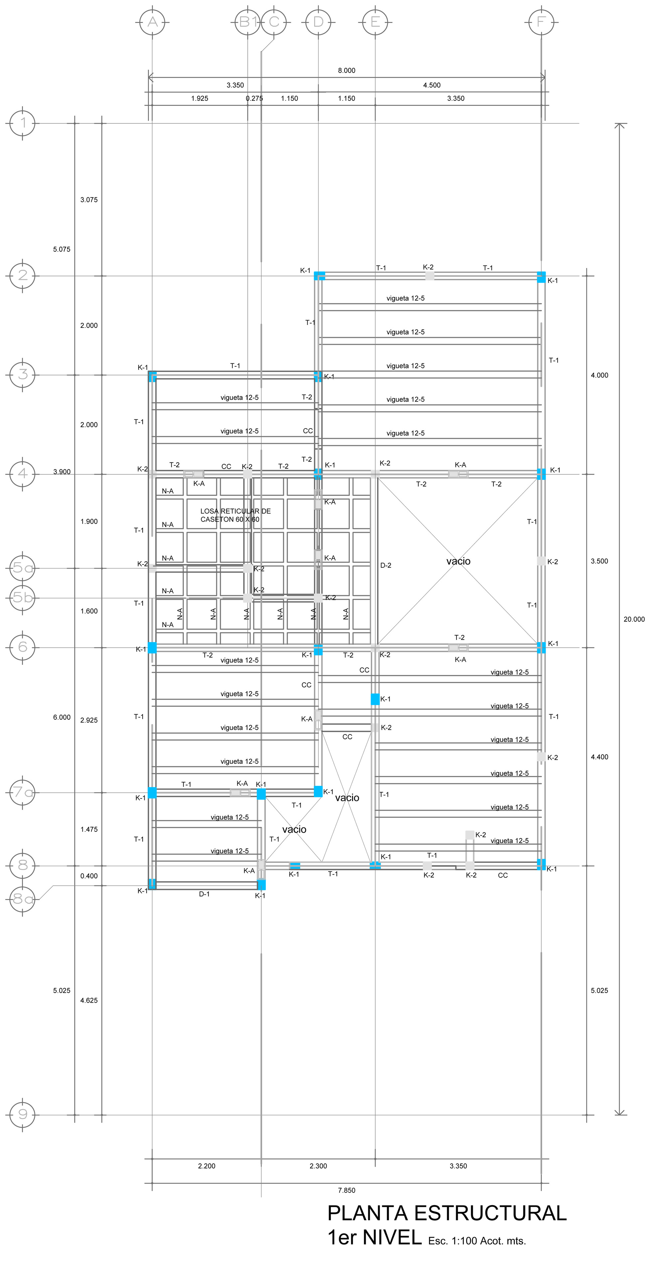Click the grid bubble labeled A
pos(152,22)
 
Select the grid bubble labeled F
pos(541,22)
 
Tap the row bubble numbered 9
pos(23,1115)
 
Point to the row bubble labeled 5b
pos(23,598)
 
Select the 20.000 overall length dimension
pos(634,619)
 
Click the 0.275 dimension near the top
pos(254,98)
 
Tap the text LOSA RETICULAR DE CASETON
pos(235,515)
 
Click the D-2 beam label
pos(386,566)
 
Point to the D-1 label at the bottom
pos(204,894)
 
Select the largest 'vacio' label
pos(458,562)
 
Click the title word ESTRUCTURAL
pos(490,1213)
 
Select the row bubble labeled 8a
pos(23,899)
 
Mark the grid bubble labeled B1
pos(247,22)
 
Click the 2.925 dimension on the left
pos(89,720)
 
